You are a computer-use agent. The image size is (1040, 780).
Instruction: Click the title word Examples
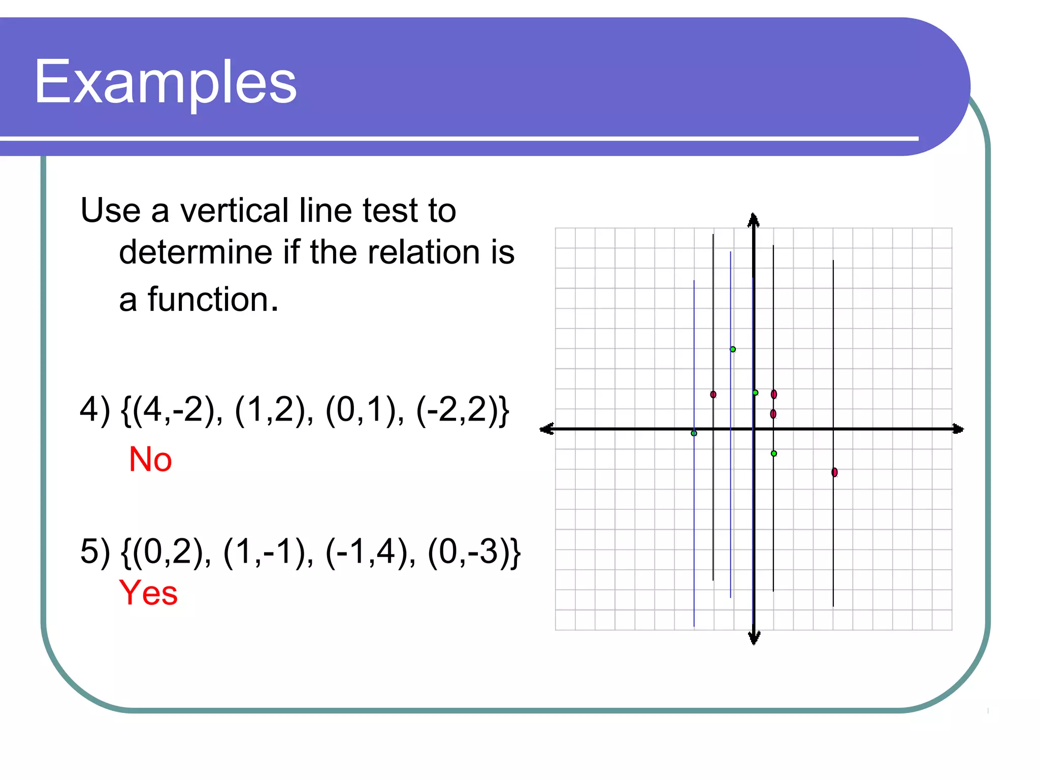165,81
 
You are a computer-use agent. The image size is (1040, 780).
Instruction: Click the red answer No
150,460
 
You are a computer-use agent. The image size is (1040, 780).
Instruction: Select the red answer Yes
148,593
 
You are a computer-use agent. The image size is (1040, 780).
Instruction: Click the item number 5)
95,551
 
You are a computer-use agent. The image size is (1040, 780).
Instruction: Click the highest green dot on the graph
733,349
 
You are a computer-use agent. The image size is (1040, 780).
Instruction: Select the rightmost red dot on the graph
834,472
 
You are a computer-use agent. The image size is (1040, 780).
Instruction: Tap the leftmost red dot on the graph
713,395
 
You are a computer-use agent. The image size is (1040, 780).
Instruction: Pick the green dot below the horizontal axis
774,453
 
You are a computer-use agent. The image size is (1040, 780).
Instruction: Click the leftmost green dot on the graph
694,433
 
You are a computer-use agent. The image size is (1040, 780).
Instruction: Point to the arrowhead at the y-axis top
754,220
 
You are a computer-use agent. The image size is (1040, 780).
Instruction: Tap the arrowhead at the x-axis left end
546,429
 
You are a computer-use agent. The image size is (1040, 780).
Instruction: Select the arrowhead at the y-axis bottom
754,638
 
